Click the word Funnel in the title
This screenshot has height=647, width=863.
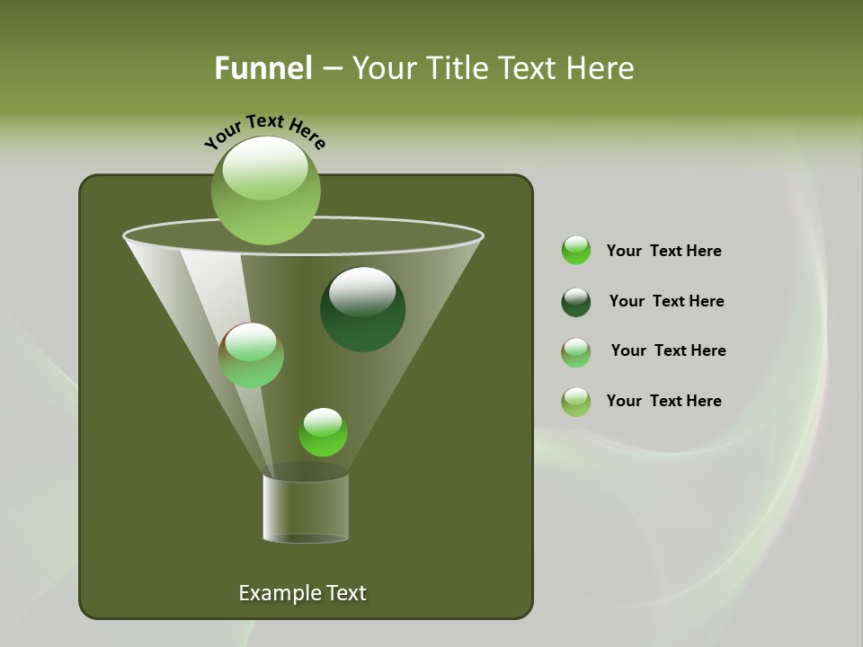(x=262, y=68)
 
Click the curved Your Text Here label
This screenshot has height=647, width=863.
(x=265, y=131)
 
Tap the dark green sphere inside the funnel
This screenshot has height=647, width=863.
(x=362, y=310)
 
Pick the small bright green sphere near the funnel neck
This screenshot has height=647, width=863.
(x=323, y=432)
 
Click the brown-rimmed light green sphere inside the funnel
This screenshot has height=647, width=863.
(x=251, y=355)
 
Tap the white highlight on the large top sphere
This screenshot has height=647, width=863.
(x=265, y=168)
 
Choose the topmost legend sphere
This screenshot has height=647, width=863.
(x=576, y=251)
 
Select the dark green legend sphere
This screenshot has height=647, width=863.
(x=576, y=302)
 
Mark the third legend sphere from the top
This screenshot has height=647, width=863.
(x=576, y=352)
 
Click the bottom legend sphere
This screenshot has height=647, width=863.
(x=576, y=402)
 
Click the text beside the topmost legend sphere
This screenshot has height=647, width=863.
(x=663, y=251)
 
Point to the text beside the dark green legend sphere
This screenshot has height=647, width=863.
(x=666, y=301)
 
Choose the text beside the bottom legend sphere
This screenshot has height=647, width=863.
(x=663, y=401)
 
